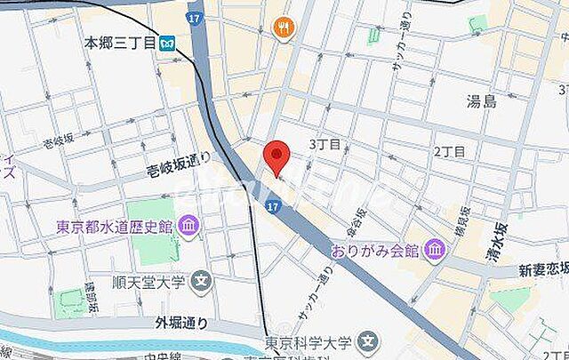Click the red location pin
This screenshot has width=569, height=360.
[x=278, y=155]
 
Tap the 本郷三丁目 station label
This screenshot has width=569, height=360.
[x=119, y=42]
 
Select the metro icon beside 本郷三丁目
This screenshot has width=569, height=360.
[x=167, y=42]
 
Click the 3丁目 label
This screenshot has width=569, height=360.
[x=325, y=144]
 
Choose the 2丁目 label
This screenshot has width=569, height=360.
[x=450, y=151]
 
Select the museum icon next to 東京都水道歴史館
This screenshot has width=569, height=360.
[x=188, y=227]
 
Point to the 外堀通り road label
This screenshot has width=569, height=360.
[x=160, y=324]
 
